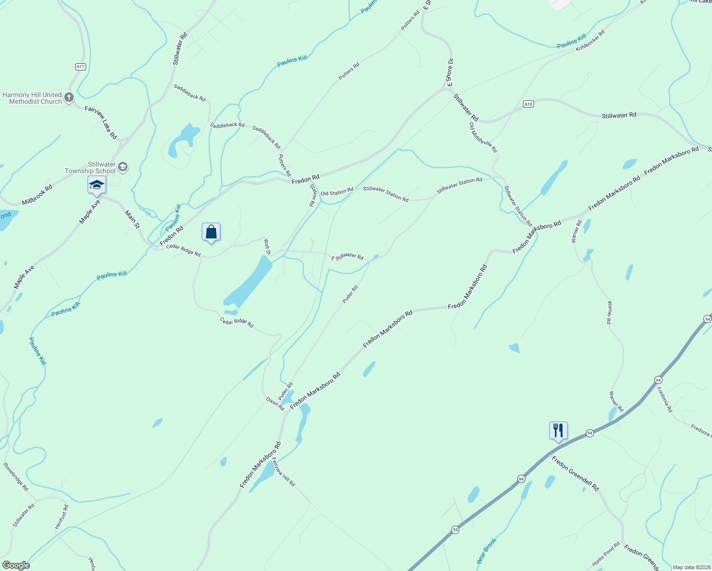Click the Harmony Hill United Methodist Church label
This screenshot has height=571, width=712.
32,98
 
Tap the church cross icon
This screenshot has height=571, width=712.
69,98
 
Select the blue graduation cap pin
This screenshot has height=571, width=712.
97,185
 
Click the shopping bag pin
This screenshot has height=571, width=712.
211,233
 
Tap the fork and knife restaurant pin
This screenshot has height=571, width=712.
558,431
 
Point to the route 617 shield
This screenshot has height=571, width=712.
80,67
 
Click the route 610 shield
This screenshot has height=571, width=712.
528,104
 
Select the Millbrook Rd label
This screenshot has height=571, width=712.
37,195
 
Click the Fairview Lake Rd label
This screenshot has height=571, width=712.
101,122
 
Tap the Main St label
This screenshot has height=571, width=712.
132,219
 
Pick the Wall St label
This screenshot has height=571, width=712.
267,247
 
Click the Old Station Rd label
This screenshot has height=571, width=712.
337,192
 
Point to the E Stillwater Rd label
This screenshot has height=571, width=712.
347,256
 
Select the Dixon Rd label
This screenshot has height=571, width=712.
275,404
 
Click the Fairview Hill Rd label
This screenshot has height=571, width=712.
284,472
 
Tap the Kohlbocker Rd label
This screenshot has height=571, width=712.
590,41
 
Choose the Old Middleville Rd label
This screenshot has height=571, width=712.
483,138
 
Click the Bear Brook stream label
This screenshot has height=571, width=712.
487,551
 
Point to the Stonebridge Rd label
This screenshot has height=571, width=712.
16,476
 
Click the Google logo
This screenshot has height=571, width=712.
16,565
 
